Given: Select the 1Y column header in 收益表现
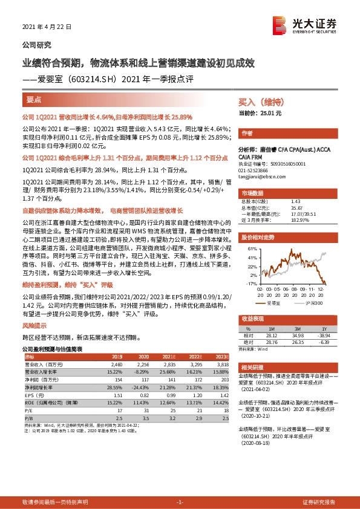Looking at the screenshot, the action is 330,328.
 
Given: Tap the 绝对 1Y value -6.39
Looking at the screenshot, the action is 330,342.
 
